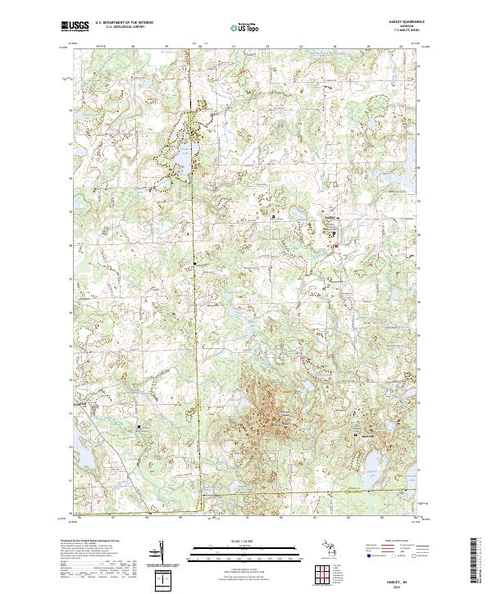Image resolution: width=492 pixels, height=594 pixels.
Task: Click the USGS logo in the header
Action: point(75,25)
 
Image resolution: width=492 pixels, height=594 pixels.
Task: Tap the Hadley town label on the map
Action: point(332,219)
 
